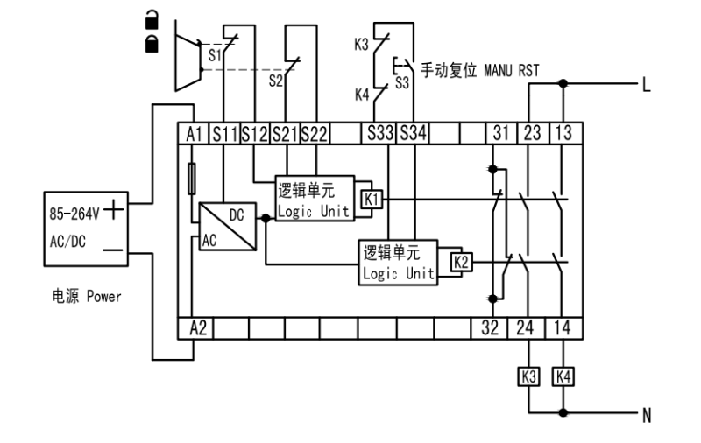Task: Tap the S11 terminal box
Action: (x=225, y=133)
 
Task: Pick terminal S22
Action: (x=314, y=133)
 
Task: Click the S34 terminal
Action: (x=411, y=133)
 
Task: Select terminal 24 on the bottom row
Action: (x=530, y=328)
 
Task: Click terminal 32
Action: (x=497, y=328)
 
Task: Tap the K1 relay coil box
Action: (x=372, y=200)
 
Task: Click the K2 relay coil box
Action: (x=461, y=260)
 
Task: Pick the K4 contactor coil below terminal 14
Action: (x=563, y=377)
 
